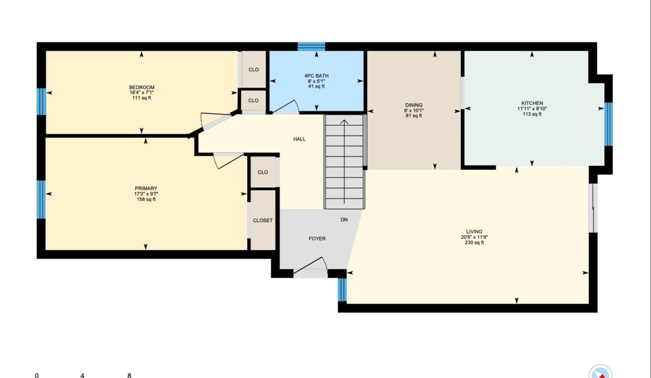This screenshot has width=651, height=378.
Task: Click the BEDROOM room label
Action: coord(142,87)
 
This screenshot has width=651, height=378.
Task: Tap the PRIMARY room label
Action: coord(146,188)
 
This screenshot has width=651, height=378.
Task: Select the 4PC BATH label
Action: coord(317,76)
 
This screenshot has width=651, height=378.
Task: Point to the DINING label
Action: coord(414,105)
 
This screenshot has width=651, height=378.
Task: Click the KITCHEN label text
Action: coord(532,103)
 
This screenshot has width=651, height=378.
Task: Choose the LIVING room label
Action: coord(474,232)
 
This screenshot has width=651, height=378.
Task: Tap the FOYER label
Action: coord(317,238)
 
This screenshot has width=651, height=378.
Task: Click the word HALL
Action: coord(299,139)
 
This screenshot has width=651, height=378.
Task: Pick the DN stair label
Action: coord(344,219)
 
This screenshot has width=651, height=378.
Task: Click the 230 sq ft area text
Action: coord(474,243)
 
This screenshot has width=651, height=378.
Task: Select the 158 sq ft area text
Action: coord(146,199)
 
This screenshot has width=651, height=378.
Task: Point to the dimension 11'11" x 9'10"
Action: coord(532,109)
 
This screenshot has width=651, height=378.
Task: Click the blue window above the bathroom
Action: coord(311,47)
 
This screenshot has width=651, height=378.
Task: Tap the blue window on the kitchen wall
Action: coord(608,124)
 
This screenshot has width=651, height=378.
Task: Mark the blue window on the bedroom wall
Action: coord(41,101)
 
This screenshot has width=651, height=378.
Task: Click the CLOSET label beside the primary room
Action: coord(262,220)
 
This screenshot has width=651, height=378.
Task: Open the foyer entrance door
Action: coord(310,266)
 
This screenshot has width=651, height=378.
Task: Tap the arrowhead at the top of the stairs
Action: coord(344,122)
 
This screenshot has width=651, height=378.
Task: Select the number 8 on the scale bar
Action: coord(129,375)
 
